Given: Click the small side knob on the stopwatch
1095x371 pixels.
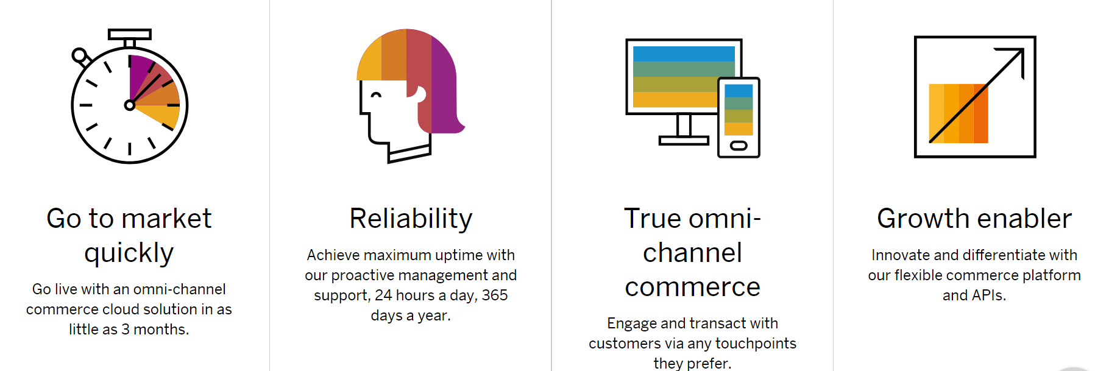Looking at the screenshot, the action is (80, 57).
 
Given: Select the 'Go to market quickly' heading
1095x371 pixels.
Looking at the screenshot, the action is (129, 235).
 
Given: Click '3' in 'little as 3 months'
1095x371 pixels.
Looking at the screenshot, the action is (126, 330).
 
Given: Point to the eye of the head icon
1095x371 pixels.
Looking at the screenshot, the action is (377, 95).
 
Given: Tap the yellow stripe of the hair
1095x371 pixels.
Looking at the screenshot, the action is (369, 61).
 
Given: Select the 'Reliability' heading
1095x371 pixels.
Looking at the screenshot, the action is (411, 219).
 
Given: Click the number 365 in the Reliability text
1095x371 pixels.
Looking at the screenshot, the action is (495, 295).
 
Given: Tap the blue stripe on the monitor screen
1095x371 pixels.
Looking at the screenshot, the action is (684, 54).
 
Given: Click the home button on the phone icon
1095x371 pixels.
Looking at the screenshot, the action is (739, 146).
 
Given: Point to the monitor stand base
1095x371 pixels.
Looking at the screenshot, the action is (684, 140).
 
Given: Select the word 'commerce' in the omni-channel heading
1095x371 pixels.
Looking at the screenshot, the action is (693, 288).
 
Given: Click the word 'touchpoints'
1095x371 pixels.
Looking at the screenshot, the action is (756, 344).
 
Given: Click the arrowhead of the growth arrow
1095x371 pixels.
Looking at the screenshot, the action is (1015, 58).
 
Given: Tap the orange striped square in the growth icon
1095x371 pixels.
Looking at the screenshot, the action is (959, 113).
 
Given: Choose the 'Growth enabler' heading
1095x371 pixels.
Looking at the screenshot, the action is (974, 219).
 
